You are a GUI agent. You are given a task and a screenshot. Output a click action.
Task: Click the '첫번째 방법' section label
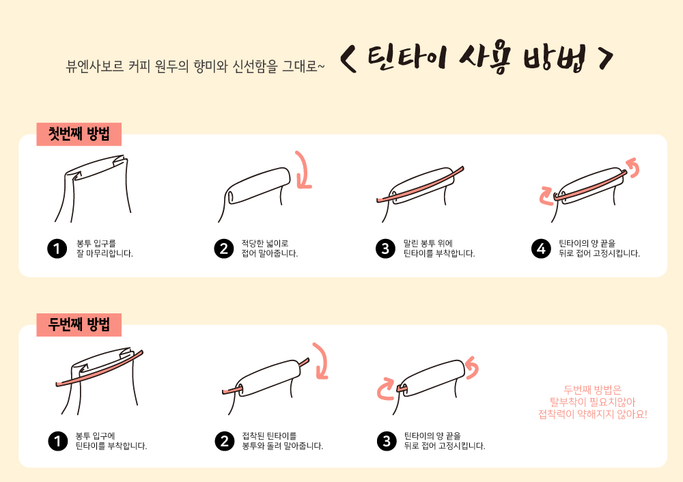[79, 134]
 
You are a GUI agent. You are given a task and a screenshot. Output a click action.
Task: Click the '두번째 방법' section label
[79, 324]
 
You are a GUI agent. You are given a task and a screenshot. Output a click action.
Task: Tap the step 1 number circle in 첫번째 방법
[57, 249]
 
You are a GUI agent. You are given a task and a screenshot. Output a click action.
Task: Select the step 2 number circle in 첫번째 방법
[224, 249]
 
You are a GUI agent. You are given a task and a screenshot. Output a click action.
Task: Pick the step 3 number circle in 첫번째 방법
[385, 249]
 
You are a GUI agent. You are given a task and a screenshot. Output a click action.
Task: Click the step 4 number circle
[541, 249]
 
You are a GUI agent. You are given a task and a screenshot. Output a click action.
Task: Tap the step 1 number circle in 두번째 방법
[57, 441]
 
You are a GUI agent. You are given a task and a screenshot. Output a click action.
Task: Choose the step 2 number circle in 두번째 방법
[225, 441]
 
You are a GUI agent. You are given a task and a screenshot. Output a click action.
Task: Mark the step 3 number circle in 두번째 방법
[387, 441]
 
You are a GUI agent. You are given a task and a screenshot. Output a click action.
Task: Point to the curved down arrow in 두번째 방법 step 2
[324, 360]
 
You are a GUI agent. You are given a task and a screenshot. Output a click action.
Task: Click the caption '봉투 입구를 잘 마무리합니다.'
[104, 249]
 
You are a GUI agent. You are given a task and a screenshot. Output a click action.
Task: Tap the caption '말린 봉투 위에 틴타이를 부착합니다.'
[439, 249]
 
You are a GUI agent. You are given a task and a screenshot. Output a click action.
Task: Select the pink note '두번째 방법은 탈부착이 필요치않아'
[592, 395]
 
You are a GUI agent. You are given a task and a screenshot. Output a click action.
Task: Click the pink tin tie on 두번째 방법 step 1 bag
[99, 369]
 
